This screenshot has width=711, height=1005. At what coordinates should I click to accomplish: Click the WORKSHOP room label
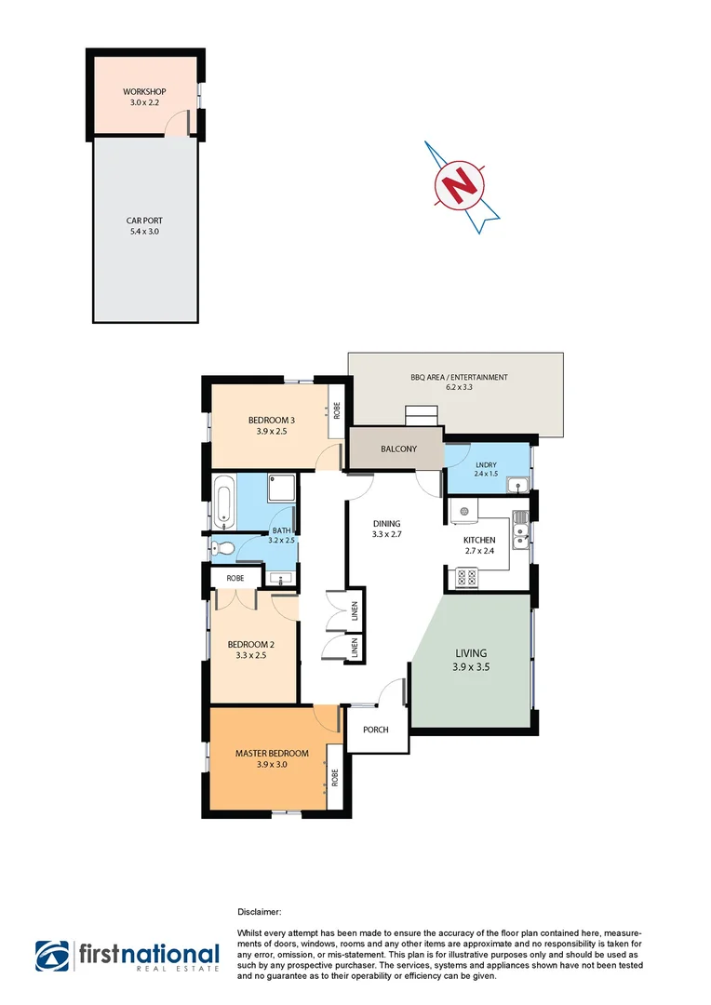[x=144, y=92]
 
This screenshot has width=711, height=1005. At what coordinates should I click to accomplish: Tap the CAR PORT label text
[x=144, y=221]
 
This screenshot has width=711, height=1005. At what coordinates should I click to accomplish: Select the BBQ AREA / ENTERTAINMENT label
[x=459, y=377]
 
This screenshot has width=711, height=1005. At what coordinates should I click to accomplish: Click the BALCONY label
[x=398, y=449]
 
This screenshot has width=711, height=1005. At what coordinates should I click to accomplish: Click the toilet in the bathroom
[x=220, y=548]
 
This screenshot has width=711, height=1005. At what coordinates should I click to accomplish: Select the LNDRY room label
[x=486, y=465]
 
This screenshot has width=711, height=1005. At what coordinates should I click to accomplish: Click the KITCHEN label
[x=479, y=540]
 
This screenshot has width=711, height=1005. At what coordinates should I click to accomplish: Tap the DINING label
[x=384, y=523]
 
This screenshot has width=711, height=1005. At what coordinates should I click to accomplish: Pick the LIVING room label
[x=471, y=653]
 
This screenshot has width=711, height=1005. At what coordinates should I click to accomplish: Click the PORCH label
[x=376, y=730]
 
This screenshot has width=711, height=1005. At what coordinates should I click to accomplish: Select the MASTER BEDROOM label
[x=266, y=753]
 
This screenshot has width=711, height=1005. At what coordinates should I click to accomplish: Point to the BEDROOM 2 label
[x=251, y=644]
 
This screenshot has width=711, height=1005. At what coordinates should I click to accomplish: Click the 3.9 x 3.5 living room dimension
[x=471, y=668]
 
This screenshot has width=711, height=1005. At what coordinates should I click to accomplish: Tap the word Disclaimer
[x=260, y=914]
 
